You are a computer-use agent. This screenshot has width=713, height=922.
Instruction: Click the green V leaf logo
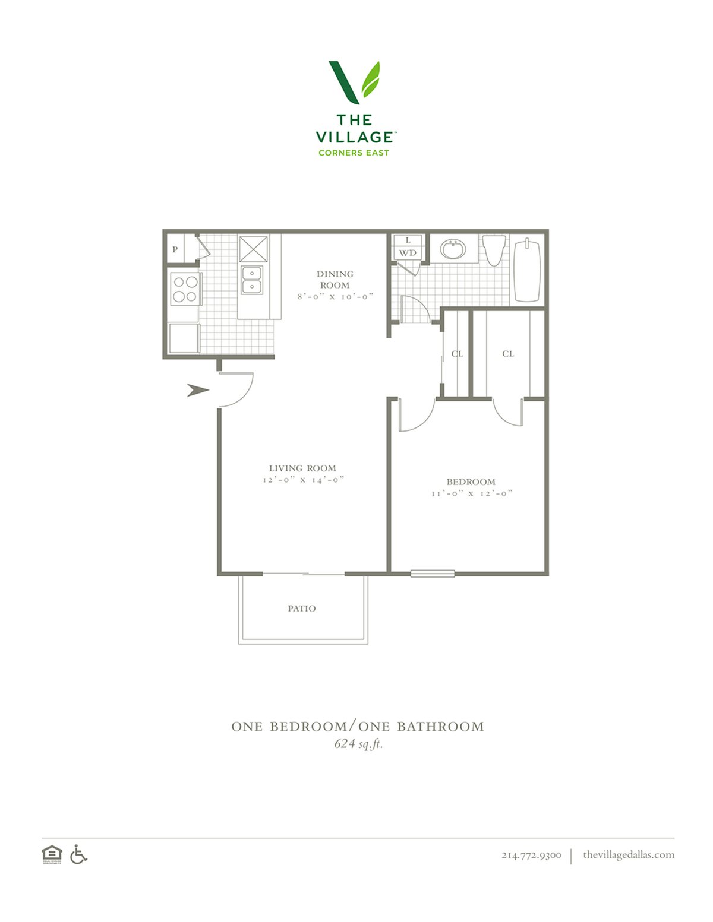[x=354, y=83]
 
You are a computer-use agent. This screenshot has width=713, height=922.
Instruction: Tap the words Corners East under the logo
[x=354, y=153]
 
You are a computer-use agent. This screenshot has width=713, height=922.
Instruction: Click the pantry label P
[x=175, y=249]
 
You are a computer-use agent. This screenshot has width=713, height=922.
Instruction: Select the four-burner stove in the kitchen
[x=185, y=289]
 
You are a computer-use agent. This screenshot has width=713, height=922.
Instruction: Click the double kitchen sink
[x=252, y=280]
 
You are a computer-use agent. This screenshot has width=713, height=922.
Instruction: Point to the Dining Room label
[x=335, y=280]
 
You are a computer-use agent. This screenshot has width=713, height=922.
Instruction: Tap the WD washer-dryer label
[x=407, y=253]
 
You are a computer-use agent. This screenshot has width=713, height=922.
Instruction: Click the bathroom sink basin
[x=453, y=249]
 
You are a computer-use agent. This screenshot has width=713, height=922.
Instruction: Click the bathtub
[x=528, y=270]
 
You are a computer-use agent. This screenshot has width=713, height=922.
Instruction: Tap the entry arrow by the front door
[x=198, y=390]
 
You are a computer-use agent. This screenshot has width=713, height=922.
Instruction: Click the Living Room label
[x=302, y=468]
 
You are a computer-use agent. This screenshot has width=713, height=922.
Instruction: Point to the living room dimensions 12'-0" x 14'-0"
[x=303, y=480]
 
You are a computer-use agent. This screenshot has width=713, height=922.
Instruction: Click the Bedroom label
[x=471, y=482]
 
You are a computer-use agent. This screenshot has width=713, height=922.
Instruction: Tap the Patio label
[x=301, y=609]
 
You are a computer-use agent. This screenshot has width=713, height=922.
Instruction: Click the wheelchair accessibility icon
[x=78, y=854]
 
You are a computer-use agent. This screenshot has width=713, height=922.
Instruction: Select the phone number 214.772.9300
[x=531, y=855]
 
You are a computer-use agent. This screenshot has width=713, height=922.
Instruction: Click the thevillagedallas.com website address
[x=629, y=854]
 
